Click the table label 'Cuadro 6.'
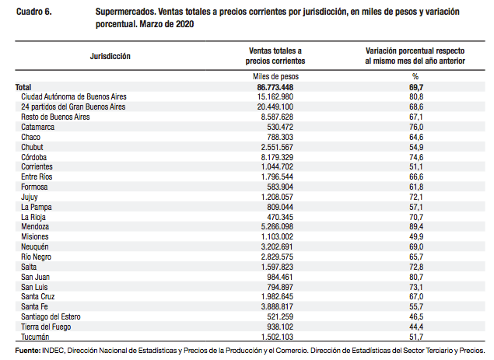tap(34, 12)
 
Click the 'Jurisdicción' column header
tap(110, 56)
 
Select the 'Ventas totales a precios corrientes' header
tap(275, 56)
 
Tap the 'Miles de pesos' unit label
tap(275, 76)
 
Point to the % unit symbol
tap(415, 76)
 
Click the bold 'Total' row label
tap(23, 87)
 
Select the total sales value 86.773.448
tap(275, 87)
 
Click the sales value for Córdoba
tap(277, 157)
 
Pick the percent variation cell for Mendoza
tap(416, 226)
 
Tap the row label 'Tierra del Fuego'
tap(46, 327)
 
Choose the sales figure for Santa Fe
tap(277, 306)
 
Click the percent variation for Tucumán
tap(416, 337)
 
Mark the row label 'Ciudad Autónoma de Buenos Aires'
tap(74, 96)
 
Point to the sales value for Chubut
tap(277, 147)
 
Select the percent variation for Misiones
tap(416, 236)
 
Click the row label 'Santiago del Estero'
tap(51, 316)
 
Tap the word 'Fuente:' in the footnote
tap(28, 351)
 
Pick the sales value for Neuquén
tap(277, 246)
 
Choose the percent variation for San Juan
tap(416, 277)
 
